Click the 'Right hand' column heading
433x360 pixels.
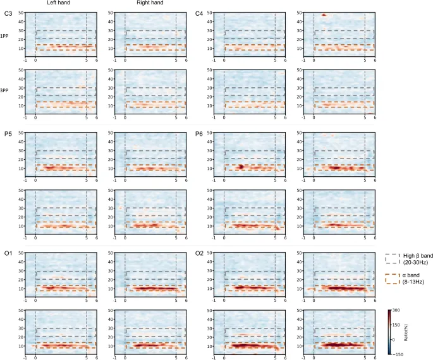click(x=149, y=4)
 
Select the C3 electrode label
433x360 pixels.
click(x=8, y=13)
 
